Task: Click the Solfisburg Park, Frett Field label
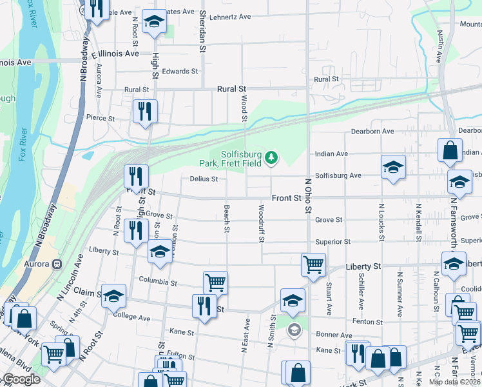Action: pyautogui.click(x=242, y=159)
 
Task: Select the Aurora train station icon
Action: pyautogui.click(x=57, y=264)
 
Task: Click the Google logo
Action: pyautogui.click(x=21, y=379)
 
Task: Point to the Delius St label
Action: pyautogui.click(x=204, y=179)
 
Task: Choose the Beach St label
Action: pyautogui.click(x=227, y=215)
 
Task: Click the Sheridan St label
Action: pyautogui.click(x=202, y=32)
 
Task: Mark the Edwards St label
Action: pyautogui.click(x=180, y=72)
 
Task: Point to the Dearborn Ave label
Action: pyautogui.click(x=372, y=132)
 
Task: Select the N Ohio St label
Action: pyautogui.click(x=308, y=197)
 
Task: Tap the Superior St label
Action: pyautogui.click(x=333, y=242)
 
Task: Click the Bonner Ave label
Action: pyautogui.click(x=334, y=335)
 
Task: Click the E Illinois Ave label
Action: pyautogui.click(x=115, y=54)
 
